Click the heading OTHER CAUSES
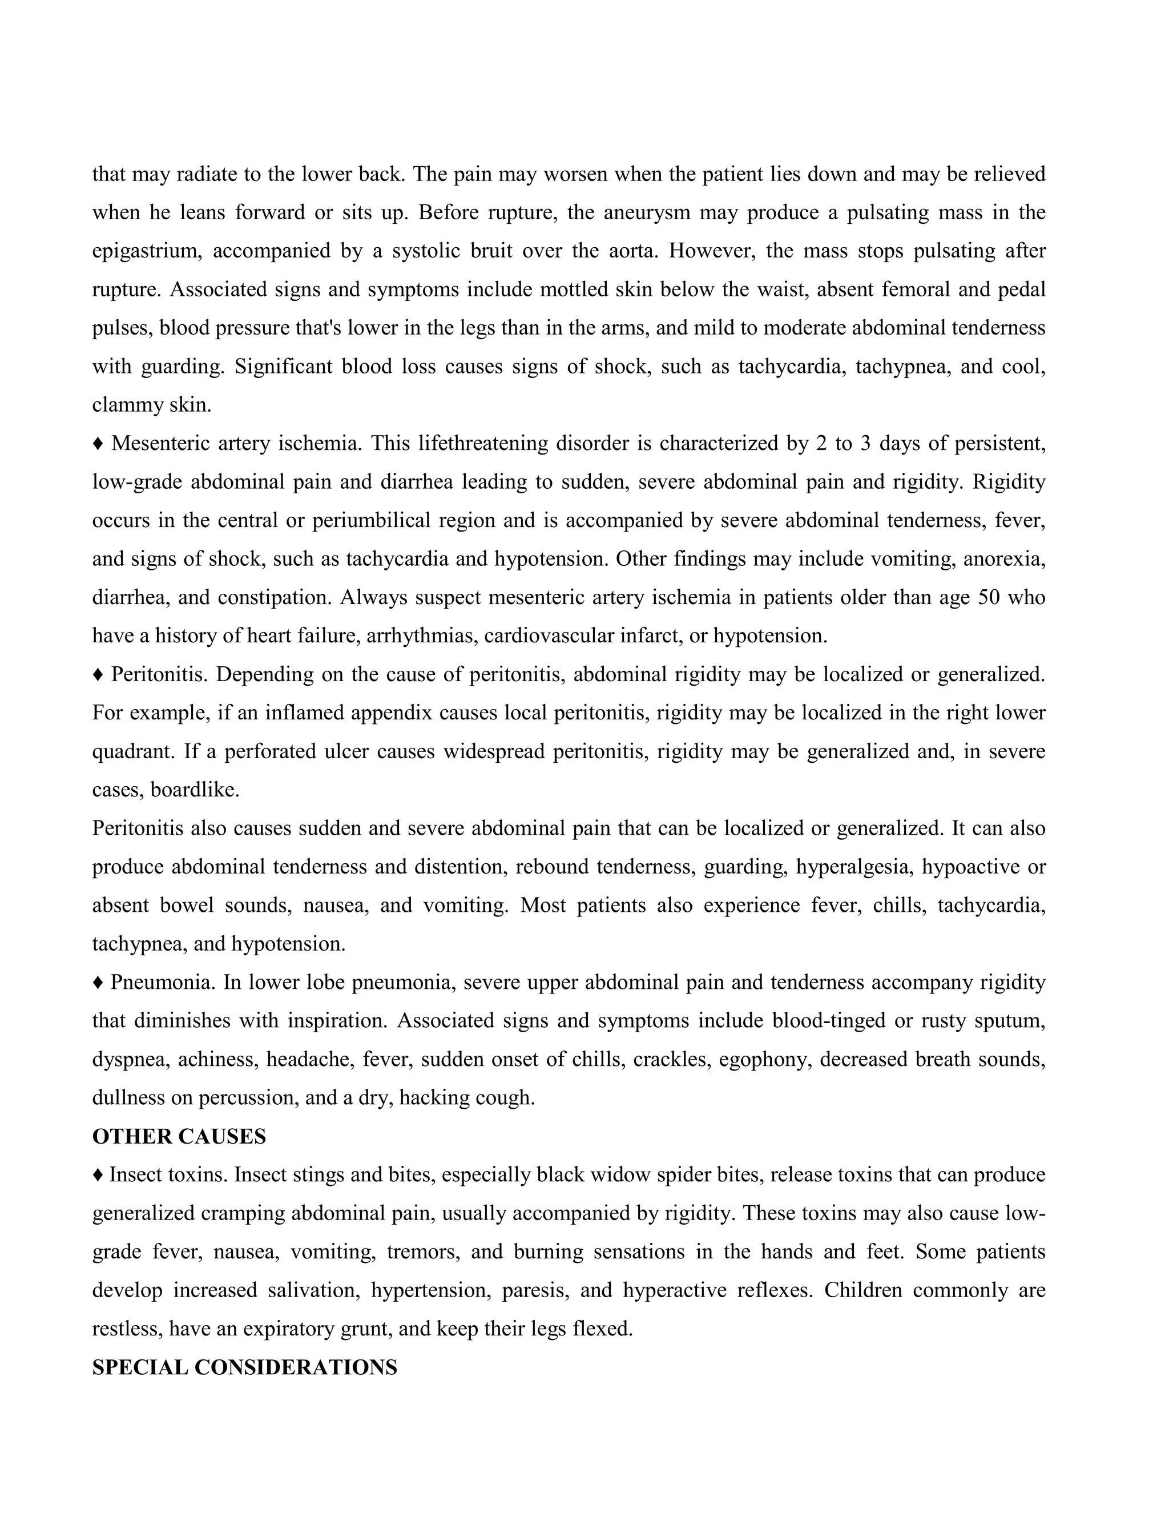pyautogui.click(x=179, y=1137)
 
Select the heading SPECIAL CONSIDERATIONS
pyautogui.click(x=244, y=1367)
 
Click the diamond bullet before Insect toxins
pyautogui.click(x=98, y=1175)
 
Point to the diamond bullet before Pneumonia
pyautogui.click(x=98, y=983)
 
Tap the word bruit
pyautogui.click(x=490, y=251)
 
